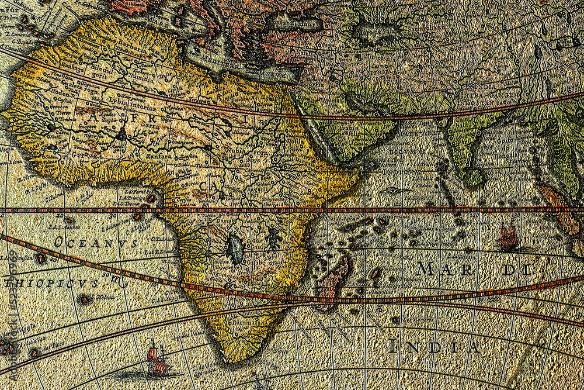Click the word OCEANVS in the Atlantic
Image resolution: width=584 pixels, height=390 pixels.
pyautogui.click(x=95, y=242)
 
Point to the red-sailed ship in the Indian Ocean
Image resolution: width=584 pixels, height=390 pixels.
pyautogui.click(x=508, y=238)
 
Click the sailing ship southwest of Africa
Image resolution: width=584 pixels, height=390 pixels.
pyautogui.click(x=157, y=360)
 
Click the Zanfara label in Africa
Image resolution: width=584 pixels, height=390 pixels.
pyautogui.click(x=157, y=156)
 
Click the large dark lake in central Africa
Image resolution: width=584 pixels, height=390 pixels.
pyautogui.click(x=235, y=249)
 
